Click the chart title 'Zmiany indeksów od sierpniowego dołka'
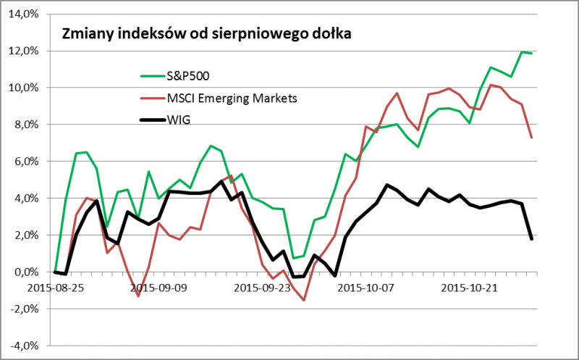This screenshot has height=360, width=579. coord(207,33)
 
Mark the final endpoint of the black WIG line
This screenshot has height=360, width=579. coord(533,239)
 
